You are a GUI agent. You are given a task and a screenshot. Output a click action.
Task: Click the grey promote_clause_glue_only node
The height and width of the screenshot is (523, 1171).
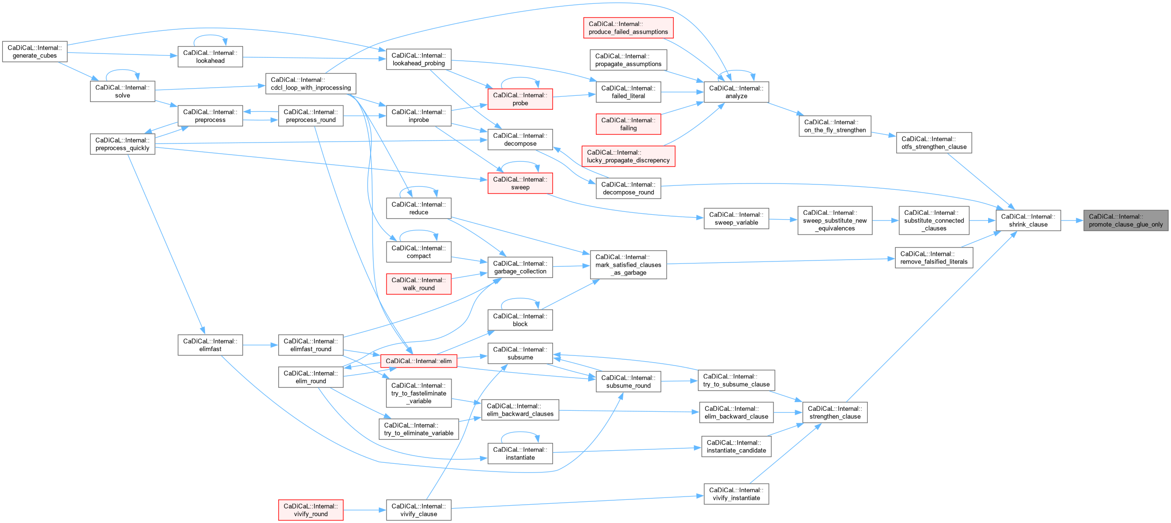(1125, 221)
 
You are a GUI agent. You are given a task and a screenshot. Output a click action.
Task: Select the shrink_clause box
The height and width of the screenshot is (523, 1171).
(1028, 221)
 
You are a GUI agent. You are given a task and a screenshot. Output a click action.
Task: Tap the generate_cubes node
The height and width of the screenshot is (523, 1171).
(35, 52)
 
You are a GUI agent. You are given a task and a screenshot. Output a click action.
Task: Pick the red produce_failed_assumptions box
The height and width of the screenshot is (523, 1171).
(628, 28)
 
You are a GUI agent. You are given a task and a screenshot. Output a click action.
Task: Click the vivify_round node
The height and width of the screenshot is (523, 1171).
(310, 510)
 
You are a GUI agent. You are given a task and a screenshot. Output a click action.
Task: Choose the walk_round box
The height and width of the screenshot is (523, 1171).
(418, 284)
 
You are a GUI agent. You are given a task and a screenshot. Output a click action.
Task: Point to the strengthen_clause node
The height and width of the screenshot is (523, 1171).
(835, 413)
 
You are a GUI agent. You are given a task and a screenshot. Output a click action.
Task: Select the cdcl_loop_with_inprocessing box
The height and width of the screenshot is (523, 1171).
(310, 84)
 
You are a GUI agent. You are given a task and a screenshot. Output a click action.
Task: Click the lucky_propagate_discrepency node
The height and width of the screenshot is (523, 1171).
(628, 157)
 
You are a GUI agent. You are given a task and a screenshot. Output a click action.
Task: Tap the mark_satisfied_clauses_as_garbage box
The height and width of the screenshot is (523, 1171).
(628, 264)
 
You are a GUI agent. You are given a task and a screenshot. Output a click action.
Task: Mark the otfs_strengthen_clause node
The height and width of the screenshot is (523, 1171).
(933, 143)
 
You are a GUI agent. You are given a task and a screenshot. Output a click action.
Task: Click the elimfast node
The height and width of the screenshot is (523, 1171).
(210, 345)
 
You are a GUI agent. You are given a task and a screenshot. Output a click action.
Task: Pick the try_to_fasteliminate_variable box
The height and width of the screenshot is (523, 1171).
(418, 393)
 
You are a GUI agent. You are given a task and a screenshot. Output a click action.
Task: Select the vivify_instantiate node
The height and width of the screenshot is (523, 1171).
(736, 494)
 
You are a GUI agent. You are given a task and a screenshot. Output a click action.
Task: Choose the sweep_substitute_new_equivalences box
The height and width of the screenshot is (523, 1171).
(835, 221)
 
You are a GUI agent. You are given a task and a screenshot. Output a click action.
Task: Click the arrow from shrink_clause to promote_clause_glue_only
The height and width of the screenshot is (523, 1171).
(1072, 221)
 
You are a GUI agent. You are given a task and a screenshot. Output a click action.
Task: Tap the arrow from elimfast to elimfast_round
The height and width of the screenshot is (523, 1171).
(260, 345)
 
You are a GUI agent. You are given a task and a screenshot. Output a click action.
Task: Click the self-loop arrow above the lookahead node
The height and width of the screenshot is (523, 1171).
(210, 36)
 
